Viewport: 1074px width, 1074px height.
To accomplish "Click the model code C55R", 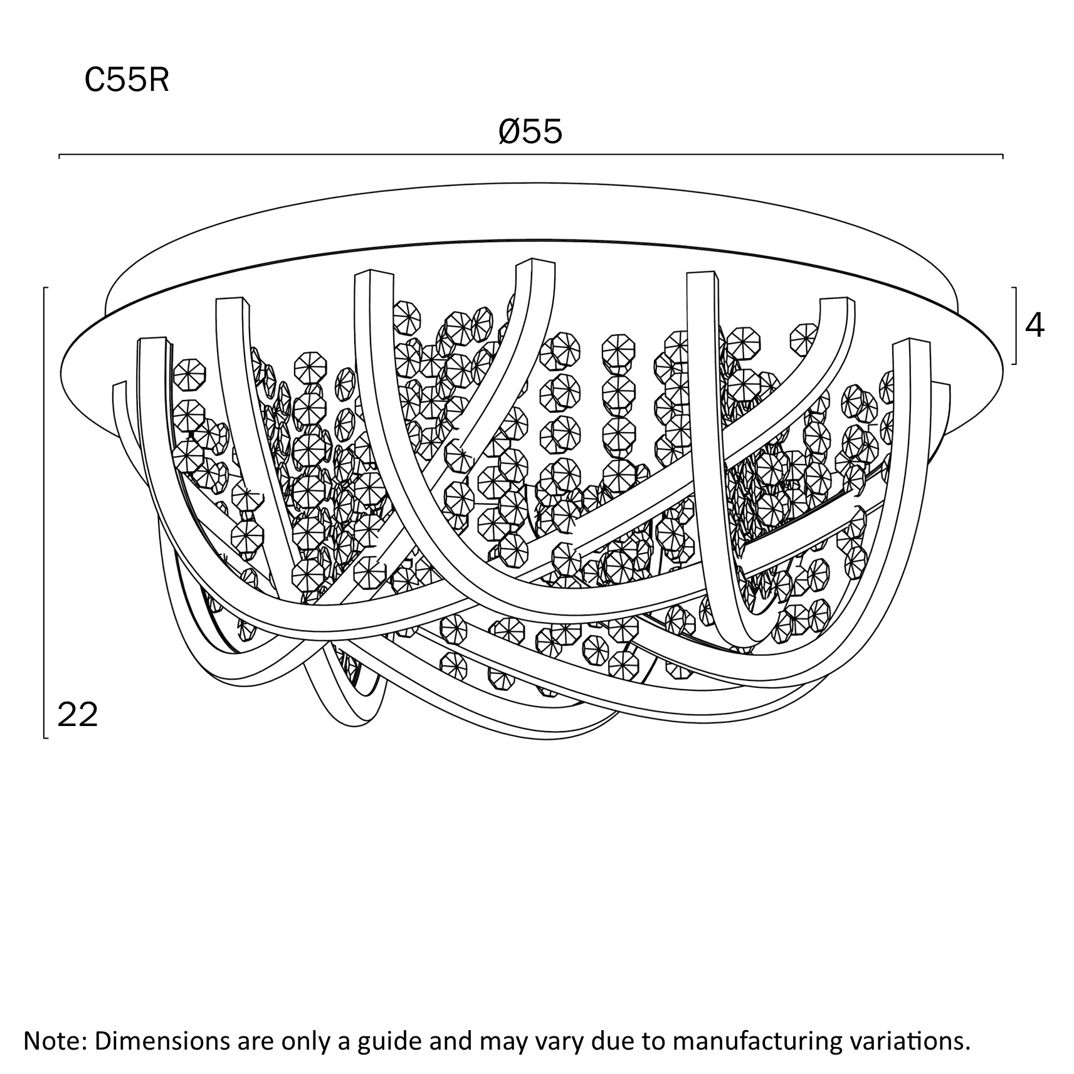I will tap(127, 81).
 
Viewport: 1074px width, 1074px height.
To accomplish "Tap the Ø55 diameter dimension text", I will tap(530, 132).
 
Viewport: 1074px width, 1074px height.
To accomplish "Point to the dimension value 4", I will tap(1035, 325).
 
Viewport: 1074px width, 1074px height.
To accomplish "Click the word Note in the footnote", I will tap(52, 1041).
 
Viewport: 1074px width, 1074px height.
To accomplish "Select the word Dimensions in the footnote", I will tap(160, 1041).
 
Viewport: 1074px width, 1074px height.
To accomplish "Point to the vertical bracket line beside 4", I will tap(1015, 325).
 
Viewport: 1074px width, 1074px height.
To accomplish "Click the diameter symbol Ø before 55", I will tap(510, 132).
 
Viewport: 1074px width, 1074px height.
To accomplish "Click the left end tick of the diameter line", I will tap(60, 155).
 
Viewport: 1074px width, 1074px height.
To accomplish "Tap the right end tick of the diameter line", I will tap(1003, 155).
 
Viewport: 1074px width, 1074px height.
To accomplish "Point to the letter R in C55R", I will tap(159, 81).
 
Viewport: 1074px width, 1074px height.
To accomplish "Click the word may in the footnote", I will tap(502, 1041).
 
